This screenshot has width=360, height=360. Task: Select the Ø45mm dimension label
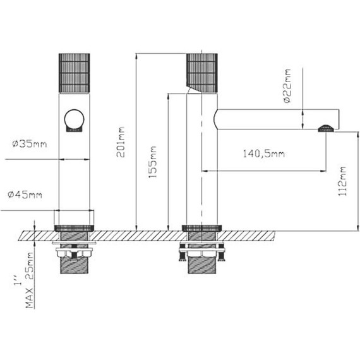25,195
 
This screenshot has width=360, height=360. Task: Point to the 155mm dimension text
153,162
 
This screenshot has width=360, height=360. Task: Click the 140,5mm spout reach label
263,153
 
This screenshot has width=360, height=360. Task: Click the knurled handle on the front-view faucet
74,73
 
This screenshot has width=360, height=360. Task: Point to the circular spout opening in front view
74,120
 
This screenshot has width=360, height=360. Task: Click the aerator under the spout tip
326,129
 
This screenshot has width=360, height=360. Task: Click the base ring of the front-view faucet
74,227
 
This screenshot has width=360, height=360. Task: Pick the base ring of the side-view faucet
201,227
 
